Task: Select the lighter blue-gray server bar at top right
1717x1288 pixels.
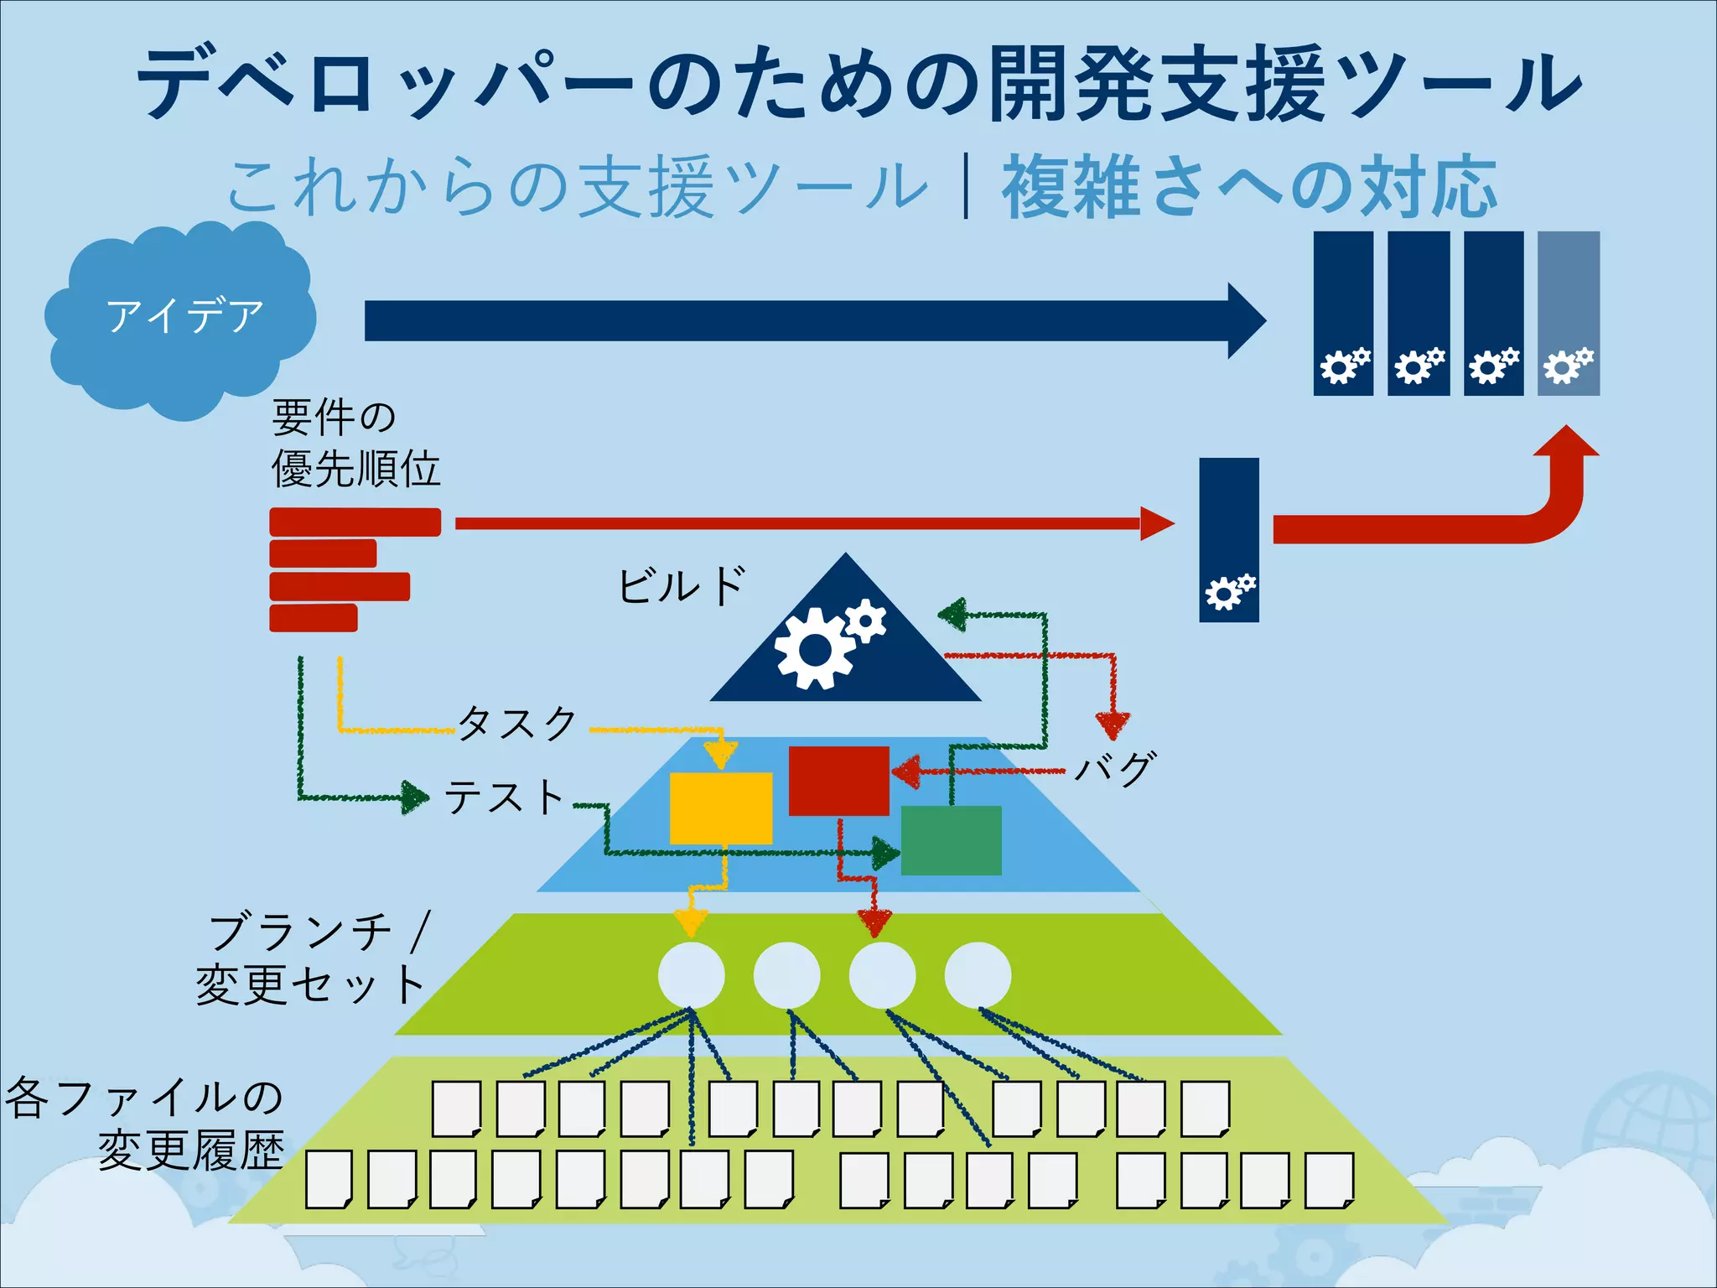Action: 1568,313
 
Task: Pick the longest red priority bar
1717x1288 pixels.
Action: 355,522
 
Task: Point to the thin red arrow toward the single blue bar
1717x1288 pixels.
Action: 805,523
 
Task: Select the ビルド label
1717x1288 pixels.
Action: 681,585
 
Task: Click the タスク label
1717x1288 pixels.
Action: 518,723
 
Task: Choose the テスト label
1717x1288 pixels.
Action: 504,797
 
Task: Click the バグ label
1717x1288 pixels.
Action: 1115,768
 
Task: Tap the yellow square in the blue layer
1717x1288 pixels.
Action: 720,808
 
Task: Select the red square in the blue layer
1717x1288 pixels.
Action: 838,780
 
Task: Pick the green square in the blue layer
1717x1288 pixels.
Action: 951,840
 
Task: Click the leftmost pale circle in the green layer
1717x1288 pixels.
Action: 691,975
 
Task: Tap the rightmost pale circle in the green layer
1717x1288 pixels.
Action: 978,975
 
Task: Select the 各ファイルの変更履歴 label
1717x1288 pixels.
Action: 147,1124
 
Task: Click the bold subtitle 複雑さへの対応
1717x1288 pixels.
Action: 1249,186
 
